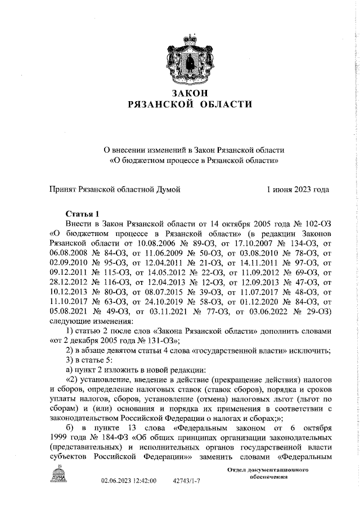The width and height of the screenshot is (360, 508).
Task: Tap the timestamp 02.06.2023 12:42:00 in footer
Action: tap(129, 482)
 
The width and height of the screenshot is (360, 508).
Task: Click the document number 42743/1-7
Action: tap(187, 482)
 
